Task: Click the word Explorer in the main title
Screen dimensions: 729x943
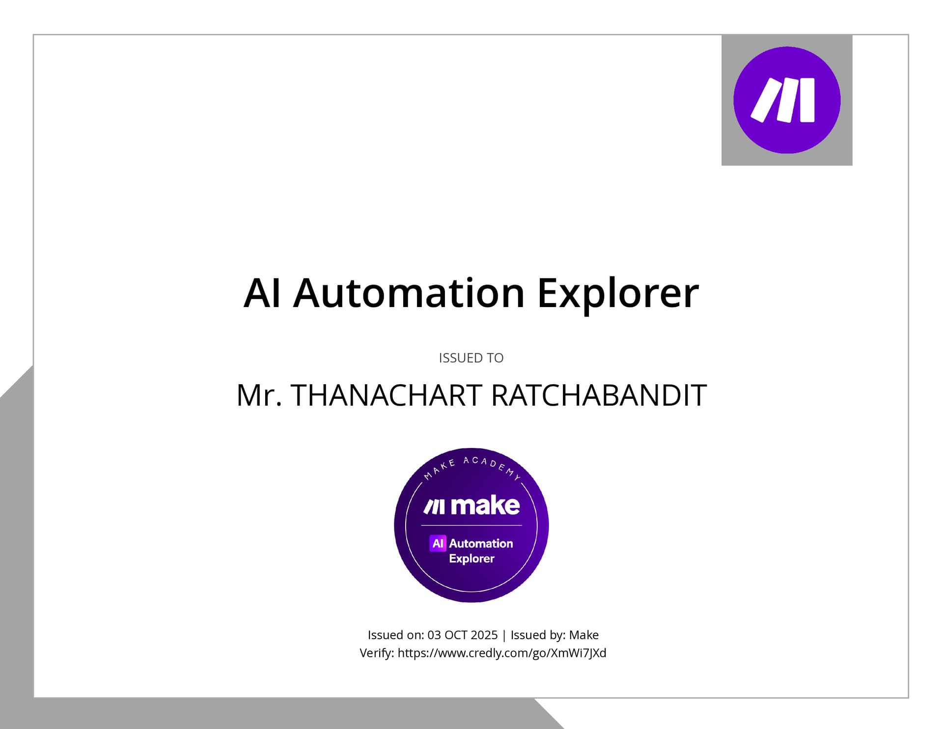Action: click(x=618, y=293)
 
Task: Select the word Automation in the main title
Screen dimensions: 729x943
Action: click(x=409, y=293)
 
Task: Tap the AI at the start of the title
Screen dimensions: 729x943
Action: click(x=262, y=293)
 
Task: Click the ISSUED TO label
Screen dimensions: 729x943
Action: click(x=471, y=358)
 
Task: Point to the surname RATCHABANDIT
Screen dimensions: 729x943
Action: click(x=599, y=395)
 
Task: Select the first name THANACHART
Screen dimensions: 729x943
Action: click(x=386, y=395)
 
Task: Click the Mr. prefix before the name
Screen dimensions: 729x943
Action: click(x=259, y=395)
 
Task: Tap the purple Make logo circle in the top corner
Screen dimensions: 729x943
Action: click(x=787, y=100)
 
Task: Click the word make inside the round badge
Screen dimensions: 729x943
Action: click(x=485, y=505)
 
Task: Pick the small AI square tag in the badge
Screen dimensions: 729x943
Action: click(x=438, y=543)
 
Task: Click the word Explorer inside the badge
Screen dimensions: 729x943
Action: click(x=471, y=559)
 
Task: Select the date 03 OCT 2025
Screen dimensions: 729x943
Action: click(x=462, y=635)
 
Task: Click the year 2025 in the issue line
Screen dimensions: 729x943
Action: click(x=484, y=635)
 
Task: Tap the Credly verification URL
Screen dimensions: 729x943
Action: click(x=502, y=653)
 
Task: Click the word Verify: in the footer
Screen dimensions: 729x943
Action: click(x=377, y=653)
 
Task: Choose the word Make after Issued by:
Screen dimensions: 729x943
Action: click(x=583, y=635)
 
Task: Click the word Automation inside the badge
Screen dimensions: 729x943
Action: click(x=481, y=543)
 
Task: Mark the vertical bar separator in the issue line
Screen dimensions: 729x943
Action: click(x=504, y=635)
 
